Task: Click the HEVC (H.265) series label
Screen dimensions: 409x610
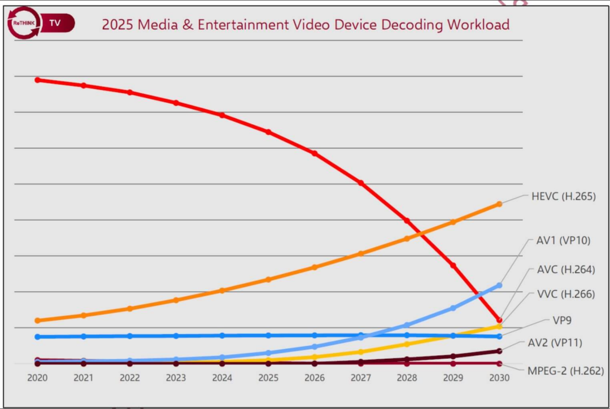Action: coord(563,197)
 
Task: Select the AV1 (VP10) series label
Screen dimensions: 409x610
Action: coord(563,240)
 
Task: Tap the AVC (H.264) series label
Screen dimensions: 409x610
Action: coord(565,270)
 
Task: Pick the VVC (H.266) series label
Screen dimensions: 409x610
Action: coord(565,294)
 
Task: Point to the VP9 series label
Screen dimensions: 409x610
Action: coord(562,320)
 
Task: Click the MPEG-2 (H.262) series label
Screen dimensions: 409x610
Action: coord(565,371)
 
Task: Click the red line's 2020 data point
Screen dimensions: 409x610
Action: coord(38,80)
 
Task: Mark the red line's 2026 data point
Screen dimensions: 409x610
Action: coord(315,153)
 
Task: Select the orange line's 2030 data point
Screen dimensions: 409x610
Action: coord(499,204)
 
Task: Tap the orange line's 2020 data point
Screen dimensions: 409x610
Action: coord(38,320)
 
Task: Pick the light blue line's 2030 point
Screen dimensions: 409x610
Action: coord(499,285)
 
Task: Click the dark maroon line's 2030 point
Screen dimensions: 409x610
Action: coord(499,351)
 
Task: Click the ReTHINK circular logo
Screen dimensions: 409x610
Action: coord(24,23)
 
